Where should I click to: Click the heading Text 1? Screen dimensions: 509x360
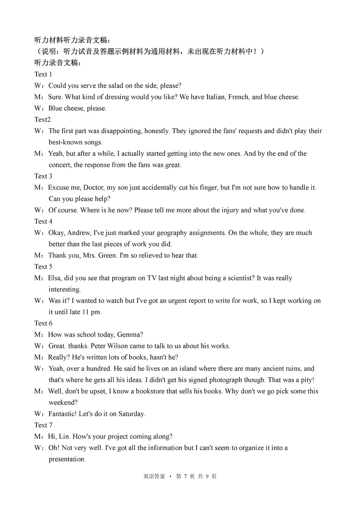[43, 74]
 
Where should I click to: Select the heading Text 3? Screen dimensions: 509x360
[43, 176]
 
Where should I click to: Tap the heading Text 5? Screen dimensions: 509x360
[43, 266]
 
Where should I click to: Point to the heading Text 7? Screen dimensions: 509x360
[43, 425]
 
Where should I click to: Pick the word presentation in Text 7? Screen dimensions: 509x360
[67, 459]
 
